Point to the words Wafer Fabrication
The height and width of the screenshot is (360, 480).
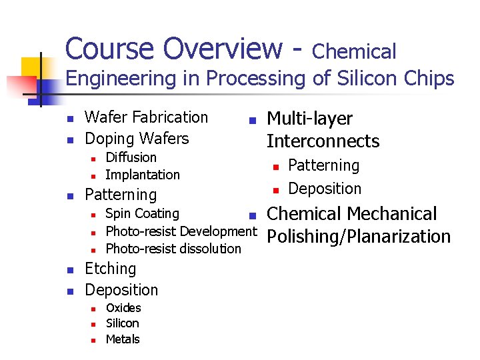coord(147,117)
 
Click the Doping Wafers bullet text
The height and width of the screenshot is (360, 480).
coord(137,139)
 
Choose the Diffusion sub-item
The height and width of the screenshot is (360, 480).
coord(131,157)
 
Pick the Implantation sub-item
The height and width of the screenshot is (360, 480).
coord(143,175)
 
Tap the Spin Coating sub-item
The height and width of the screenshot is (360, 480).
coord(143,213)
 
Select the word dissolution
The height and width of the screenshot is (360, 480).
coord(207,249)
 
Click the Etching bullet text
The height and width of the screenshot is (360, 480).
coord(111,269)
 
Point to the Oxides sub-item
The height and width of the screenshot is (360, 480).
coord(123,307)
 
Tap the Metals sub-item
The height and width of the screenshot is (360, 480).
coord(123,339)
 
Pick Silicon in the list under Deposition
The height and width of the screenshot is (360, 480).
coord(123,323)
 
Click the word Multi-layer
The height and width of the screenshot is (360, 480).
coord(309,119)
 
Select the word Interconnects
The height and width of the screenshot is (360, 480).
coord(323,141)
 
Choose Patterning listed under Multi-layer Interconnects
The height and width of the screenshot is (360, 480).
coord(323,165)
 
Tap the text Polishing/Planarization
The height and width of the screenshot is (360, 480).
coord(359,237)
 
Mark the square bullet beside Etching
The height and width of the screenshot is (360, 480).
coord(69,270)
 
